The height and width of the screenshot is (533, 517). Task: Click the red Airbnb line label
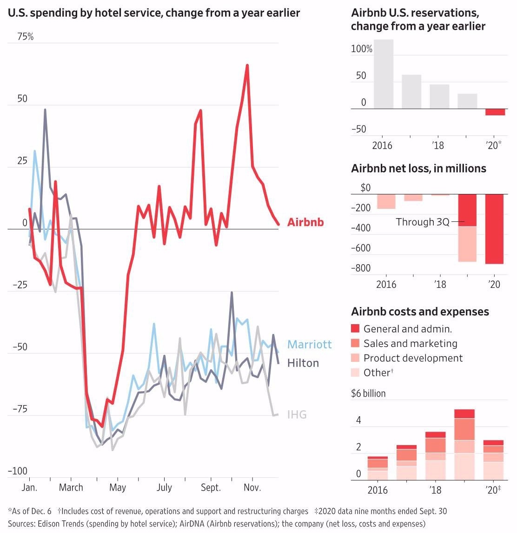pos(305,222)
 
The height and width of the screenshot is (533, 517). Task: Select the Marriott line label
pos(310,345)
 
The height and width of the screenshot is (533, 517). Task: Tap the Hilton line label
pos(303,363)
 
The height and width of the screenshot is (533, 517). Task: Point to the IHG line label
pos(297,414)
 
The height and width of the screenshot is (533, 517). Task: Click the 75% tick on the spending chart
pos(26,37)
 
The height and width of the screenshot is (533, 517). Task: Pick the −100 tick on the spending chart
pos(18,471)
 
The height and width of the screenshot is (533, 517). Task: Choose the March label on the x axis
pos(71,487)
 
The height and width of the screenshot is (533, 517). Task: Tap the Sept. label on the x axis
pos(211,487)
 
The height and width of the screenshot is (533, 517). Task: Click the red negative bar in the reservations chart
pos(495,112)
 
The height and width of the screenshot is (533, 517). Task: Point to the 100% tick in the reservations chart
pos(362,49)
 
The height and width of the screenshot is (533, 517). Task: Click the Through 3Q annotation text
pos(423,222)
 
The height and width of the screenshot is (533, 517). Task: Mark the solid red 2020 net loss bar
pos(495,229)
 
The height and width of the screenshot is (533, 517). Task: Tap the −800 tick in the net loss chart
pos(361,268)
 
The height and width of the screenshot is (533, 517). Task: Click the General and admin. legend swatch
pos(355,329)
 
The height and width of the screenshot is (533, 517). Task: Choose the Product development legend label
pos(413,358)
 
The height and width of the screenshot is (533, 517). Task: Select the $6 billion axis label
pos(368,393)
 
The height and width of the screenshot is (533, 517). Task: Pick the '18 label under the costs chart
pos(435,490)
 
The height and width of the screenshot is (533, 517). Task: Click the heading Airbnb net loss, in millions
pos(418,168)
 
